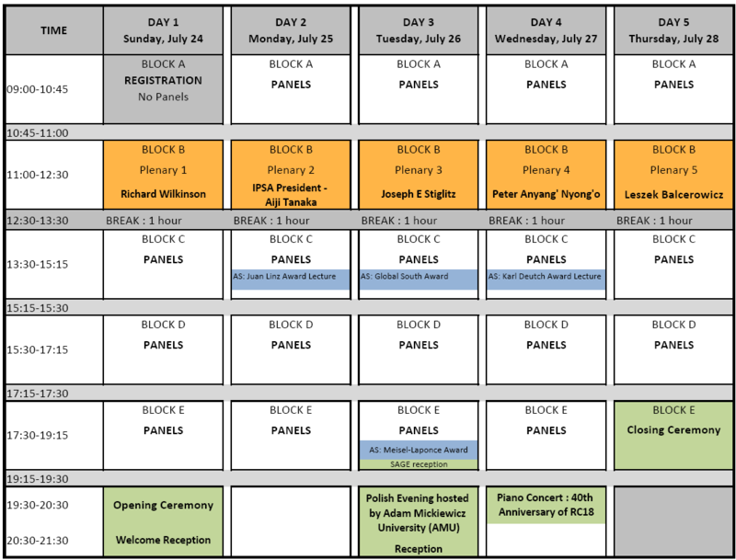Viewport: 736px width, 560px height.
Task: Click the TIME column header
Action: tap(54, 31)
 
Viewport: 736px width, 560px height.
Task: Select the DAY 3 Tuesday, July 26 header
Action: tap(419, 31)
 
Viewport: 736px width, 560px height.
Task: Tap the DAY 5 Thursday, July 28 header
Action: tap(673, 31)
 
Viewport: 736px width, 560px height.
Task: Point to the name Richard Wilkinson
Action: tap(163, 194)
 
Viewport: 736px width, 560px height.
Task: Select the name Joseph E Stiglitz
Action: tap(419, 194)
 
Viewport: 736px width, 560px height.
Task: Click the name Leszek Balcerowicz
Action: tap(673, 195)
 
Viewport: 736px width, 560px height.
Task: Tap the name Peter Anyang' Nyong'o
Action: tap(546, 194)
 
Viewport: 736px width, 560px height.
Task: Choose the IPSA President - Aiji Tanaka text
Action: tap(291, 195)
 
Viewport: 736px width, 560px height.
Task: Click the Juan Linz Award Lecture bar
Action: tap(291, 279)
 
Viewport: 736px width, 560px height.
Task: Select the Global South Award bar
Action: tap(419, 279)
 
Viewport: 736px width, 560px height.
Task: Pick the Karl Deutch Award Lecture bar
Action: tap(546, 279)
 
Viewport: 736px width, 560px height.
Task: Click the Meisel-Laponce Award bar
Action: tap(419, 450)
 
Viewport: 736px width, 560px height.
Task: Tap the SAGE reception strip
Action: tap(419, 464)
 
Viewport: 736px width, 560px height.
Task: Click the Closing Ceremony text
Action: tap(673, 430)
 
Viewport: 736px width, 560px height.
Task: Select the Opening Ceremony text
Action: tap(163, 505)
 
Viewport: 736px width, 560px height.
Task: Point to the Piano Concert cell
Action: tap(546, 505)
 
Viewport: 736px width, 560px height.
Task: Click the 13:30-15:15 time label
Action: tap(38, 265)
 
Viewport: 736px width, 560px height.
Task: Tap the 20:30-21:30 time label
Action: tap(38, 541)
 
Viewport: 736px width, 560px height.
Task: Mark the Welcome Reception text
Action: tap(163, 540)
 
